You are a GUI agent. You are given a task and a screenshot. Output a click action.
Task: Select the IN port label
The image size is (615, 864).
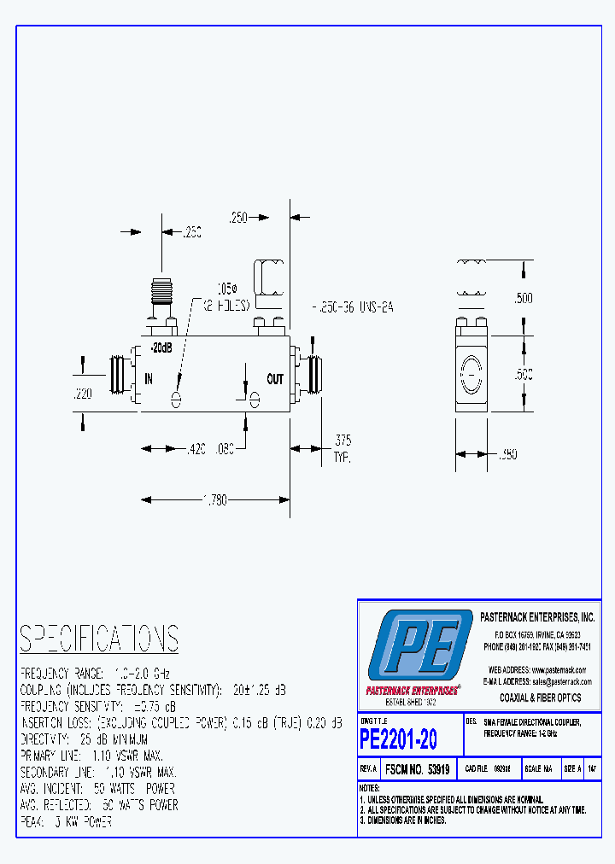pyautogui.click(x=148, y=379)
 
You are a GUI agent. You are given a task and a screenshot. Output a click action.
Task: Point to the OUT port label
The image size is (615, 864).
pyautogui.click(x=275, y=379)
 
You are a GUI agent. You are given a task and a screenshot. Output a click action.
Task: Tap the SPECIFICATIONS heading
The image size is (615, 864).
pyautogui.click(x=99, y=639)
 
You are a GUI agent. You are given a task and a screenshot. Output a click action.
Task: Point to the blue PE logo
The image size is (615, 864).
pyautogui.click(x=419, y=646)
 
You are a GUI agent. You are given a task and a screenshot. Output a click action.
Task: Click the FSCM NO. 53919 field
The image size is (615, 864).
pyautogui.click(x=416, y=769)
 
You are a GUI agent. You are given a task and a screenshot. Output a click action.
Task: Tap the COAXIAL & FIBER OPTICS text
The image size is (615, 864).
pyautogui.click(x=540, y=698)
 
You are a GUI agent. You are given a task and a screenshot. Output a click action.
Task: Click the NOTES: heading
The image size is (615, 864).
pyautogui.click(x=370, y=788)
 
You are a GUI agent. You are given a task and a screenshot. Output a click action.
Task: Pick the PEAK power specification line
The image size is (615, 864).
pyautogui.click(x=66, y=821)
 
